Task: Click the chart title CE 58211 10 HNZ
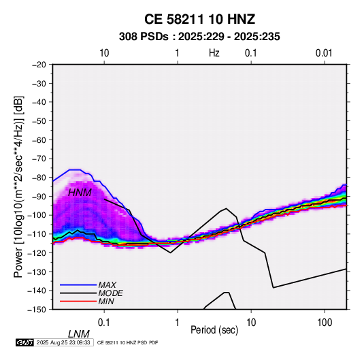click(x=199, y=19)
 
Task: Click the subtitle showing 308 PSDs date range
click(x=199, y=37)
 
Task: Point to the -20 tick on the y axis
click(x=39, y=65)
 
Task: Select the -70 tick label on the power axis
click(x=39, y=159)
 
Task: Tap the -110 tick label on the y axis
click(x=37, y=234)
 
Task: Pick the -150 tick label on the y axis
click(x=37, y=309)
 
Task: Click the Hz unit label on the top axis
click(x=214, y=53)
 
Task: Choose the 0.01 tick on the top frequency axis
click(x=324, y=53)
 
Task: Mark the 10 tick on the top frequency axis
click(x=104, y=53)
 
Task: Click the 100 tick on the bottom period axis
click(x=325, y=323)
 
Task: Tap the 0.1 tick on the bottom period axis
click(x=104, y=323)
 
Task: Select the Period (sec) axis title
click(x=214, y=330)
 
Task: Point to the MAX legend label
click(x=107, y=284)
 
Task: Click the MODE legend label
click(x=110, y=293)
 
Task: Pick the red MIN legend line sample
click(x=78, y=301)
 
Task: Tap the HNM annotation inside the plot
click(x=80, y=193)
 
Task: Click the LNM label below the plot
click(x=79, y=334)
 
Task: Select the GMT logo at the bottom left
click(x=24, y=342)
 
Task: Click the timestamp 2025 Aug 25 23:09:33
click(x=63, y=342)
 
